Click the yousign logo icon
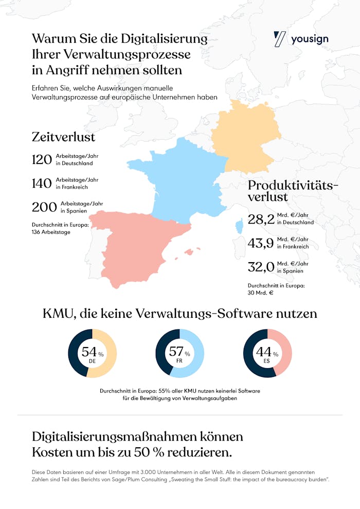[280, 39]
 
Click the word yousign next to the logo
[310, 40]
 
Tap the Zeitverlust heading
[63, 137]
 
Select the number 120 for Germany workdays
[42, 160]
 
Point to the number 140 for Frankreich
[42, 184]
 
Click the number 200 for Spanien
[44, 207]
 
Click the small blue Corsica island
[239, 227]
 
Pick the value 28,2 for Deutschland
[260, 220]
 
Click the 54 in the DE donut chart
[89, 352]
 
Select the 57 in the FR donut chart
[176, 352]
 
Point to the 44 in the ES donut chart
[264, 352]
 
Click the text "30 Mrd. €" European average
[260, 293]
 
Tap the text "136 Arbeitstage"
[51, 232]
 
